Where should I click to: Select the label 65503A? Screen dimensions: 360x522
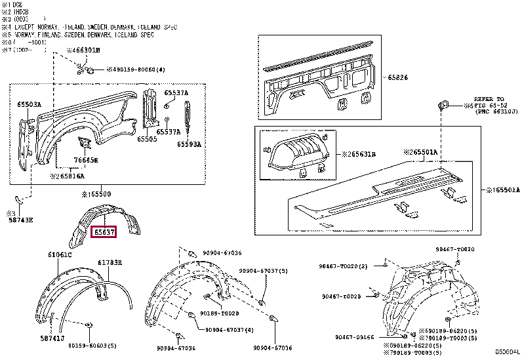tap(29, 105)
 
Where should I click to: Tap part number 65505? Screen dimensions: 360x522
tap(147, 138)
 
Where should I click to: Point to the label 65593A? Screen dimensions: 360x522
tap(190, 144)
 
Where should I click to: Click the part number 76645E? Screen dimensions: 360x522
tap(86, 160)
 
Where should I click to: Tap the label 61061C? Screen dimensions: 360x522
tap(60, 254)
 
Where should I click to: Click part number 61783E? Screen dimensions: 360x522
tap(111, 262)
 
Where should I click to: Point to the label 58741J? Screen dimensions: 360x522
tap(51, 339)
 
